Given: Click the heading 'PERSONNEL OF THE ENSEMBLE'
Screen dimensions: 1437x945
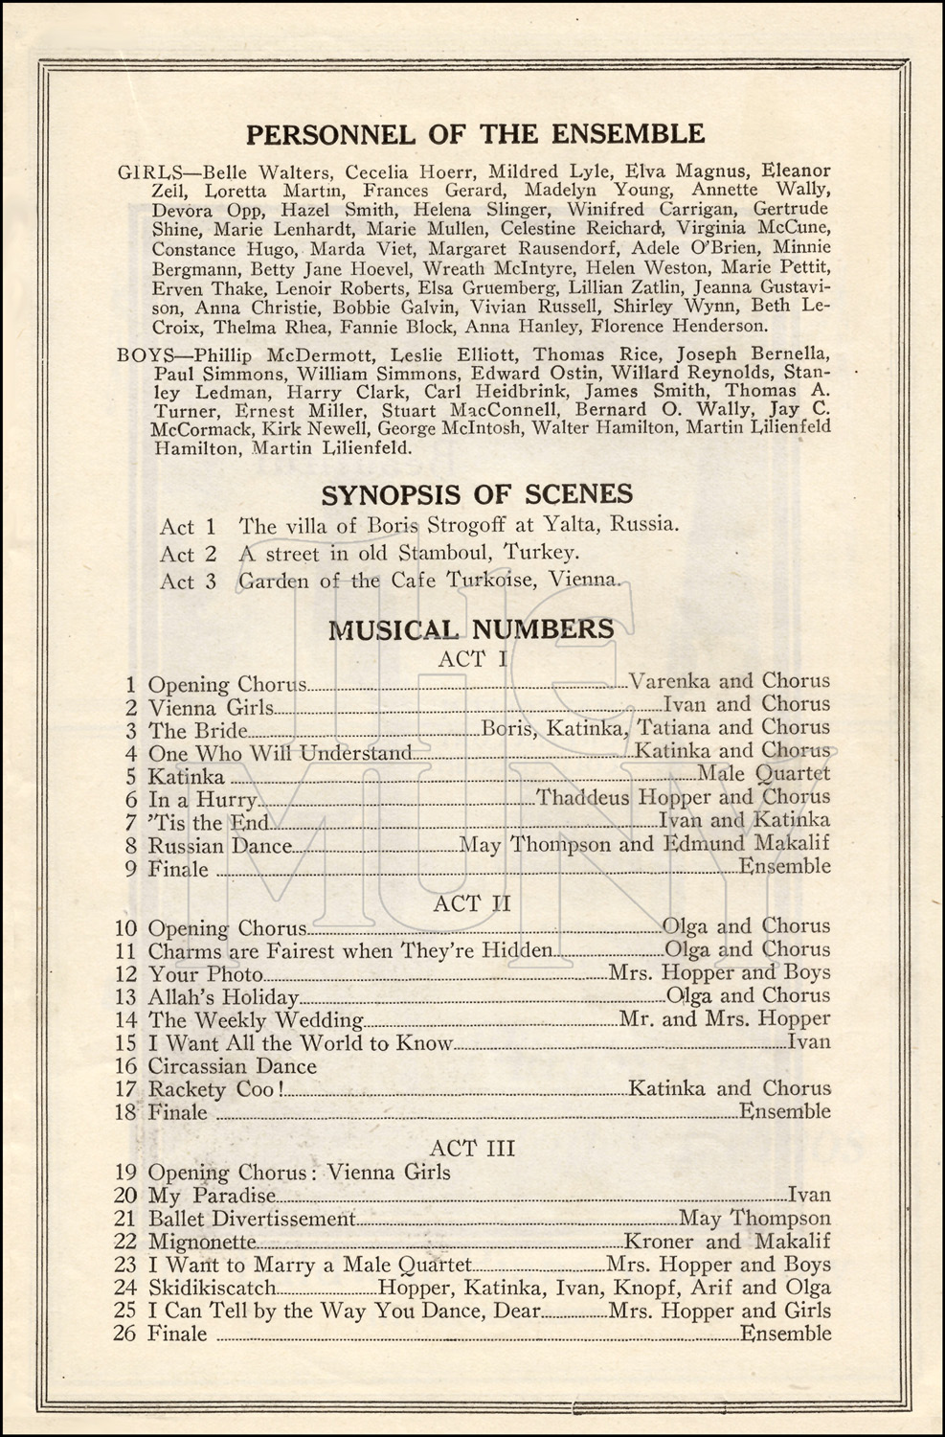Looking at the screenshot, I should click(476, 133).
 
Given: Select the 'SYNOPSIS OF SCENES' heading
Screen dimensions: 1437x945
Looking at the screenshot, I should click(477, 494).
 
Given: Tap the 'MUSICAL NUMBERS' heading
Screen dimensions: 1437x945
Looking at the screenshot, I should click(471, 628).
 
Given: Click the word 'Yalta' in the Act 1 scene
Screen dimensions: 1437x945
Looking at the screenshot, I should click(568, 525).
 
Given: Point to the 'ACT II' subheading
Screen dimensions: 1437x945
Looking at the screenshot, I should click(472, 903).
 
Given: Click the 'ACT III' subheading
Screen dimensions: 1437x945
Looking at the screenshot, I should click(472, 1148).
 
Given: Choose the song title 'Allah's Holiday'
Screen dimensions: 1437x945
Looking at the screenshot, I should click(223, 997).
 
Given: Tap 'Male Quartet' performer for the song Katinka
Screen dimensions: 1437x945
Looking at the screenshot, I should click(763, 774).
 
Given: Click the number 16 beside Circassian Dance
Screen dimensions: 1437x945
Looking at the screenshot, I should click(125, 1066).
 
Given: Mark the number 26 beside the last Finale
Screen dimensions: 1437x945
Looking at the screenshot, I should click(125, 1334).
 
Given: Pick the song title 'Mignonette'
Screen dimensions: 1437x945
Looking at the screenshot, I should click(202, 1243).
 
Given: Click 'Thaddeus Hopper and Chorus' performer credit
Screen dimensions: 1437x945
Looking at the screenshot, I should click(683, 797).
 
